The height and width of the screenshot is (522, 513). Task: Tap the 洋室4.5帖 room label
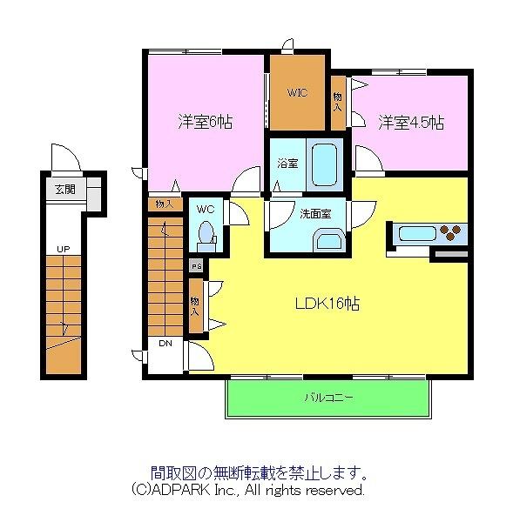point(411,122)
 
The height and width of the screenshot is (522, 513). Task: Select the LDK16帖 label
point(327,304)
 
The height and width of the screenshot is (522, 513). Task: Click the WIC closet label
point(296,93)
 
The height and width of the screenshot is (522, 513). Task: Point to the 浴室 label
point(287,163)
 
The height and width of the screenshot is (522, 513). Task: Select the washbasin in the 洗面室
point(329,239)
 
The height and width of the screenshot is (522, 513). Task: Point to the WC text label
point(206,209)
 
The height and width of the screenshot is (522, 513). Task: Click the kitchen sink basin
point(416,233)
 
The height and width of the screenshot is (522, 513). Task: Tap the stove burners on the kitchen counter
point(453,233)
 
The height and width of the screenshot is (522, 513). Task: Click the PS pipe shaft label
point(196,266)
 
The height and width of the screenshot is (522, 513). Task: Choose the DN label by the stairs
point(165,344)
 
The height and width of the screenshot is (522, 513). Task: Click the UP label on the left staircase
point(63,250)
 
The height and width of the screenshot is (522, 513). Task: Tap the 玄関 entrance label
point(64,189)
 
